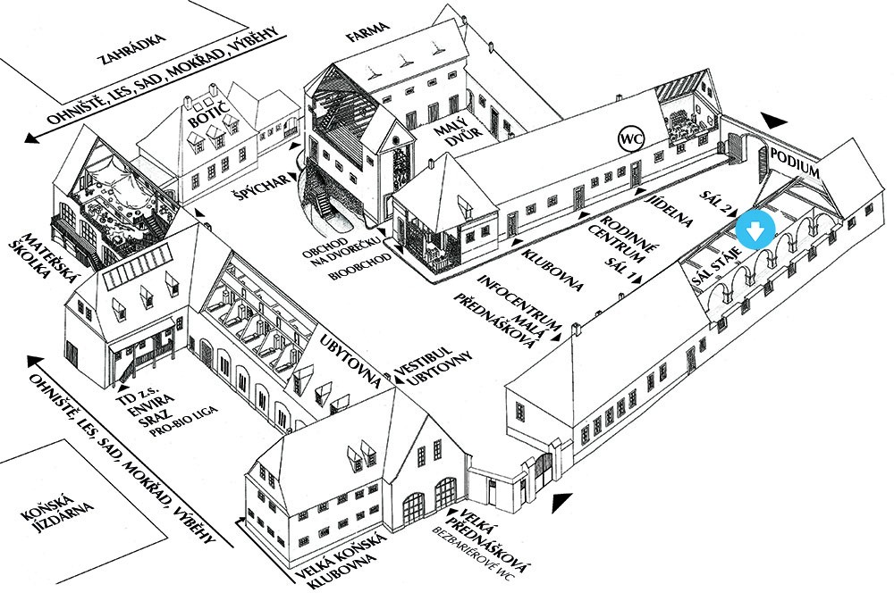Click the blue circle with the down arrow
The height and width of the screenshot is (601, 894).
(755, 230)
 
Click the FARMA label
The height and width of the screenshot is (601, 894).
(368, 34)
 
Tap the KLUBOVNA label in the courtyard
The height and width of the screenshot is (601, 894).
(554, 271)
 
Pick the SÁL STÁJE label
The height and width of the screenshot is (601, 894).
(715, 267)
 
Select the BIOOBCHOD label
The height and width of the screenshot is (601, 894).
(360, 267)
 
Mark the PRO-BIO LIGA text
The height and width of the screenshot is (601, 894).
(184, 422)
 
